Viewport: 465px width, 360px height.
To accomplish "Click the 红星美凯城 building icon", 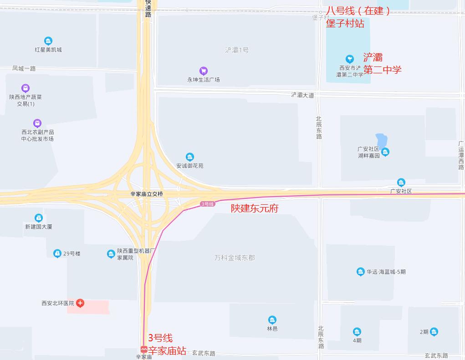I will [48, 41].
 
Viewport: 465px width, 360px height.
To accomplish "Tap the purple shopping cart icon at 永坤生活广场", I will [204, 71].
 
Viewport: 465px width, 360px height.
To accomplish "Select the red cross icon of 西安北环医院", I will [80, 303].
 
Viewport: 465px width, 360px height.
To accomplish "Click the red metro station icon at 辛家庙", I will [144, 350].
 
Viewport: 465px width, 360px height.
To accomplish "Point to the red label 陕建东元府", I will [254, 208].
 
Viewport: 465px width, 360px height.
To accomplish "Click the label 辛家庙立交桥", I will [147, 194].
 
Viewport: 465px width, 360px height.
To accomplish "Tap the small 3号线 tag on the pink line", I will [207, 204].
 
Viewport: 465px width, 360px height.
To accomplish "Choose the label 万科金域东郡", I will [235, 258].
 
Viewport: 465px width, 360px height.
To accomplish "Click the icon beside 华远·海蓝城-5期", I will [360, 272].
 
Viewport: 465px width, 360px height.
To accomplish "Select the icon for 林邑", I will [272, 320].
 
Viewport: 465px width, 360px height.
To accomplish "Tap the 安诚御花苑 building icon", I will [190, 157].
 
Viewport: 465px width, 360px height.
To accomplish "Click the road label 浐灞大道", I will [302, 95].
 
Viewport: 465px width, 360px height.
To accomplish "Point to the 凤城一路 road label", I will [24, 68].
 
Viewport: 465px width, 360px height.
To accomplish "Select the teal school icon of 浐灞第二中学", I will [349, 59].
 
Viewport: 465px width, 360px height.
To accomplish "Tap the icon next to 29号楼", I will [57, 254].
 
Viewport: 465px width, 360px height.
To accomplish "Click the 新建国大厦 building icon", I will [39, 218].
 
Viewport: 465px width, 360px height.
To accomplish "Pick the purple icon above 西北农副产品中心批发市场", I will [37, 123].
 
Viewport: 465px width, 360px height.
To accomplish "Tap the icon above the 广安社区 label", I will [401, 183].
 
